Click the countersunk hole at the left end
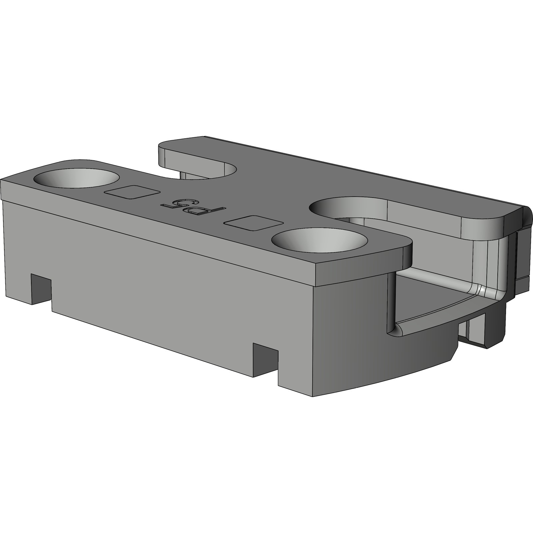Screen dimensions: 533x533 (77, 180)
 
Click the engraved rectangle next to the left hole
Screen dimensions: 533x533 (132, 192)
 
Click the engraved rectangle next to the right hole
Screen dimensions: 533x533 (254, 223)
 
